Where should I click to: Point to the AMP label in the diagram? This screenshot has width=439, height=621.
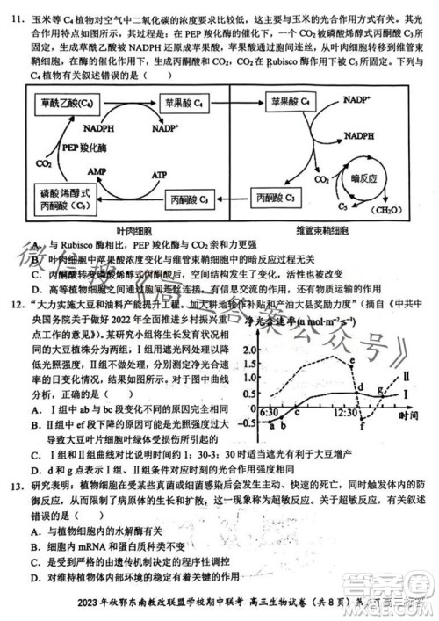pyautogui.click(x=71, y=167)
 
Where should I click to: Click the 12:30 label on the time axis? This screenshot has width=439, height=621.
pyautogui.click(x=345, y=411)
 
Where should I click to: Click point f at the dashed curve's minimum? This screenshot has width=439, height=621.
pyautogui.click(x=363, y=428)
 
